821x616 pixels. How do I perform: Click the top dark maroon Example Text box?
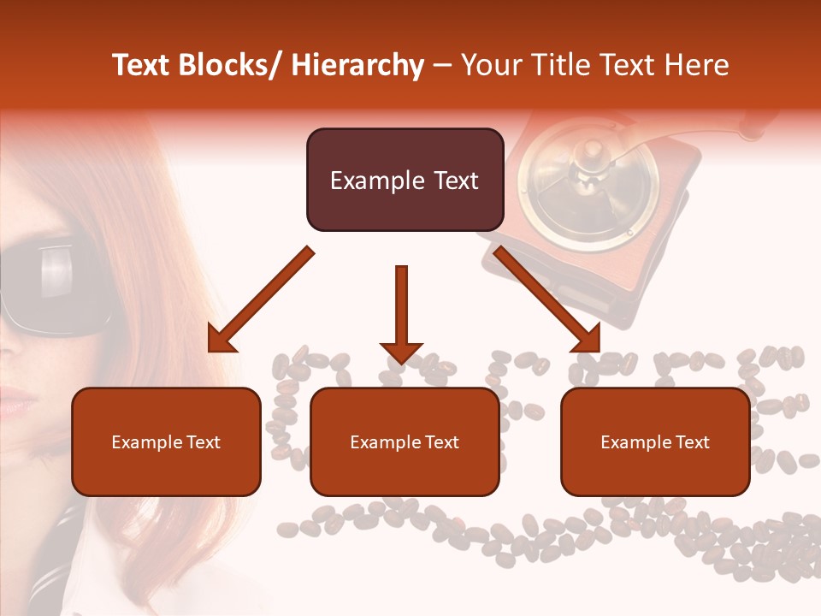point(405,180)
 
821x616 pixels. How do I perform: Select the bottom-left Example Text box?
point(166,441)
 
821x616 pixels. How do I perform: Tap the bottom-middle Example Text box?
point(405,441)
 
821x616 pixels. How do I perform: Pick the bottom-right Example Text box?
point(655,441)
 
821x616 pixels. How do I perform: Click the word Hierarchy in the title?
point(357,65)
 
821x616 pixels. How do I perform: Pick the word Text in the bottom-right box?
point(691,442)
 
